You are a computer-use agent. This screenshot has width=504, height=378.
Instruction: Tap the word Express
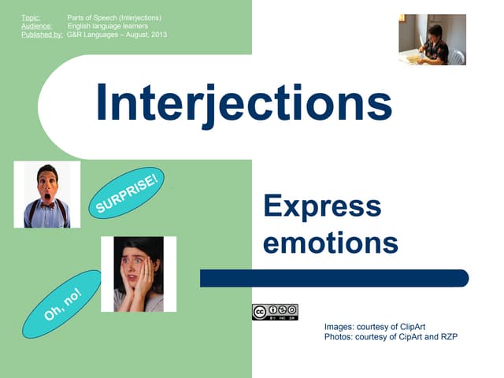[x=322, y=207]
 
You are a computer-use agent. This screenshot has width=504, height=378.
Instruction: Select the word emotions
[x=330, y=243]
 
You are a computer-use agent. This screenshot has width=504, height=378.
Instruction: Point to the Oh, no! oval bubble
[x=63, y=304]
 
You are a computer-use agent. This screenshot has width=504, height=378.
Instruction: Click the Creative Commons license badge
[x=275, y=312]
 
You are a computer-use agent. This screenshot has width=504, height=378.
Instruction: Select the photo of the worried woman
[x=139, y=274]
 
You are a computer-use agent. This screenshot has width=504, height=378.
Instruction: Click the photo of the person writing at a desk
[x=432, y=39]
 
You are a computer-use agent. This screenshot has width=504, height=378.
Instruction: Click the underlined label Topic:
[x=31, y=17]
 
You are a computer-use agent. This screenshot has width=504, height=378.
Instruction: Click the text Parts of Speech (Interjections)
[x=114, y=17]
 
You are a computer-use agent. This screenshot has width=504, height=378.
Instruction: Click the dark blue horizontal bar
[x=334, y=278]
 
